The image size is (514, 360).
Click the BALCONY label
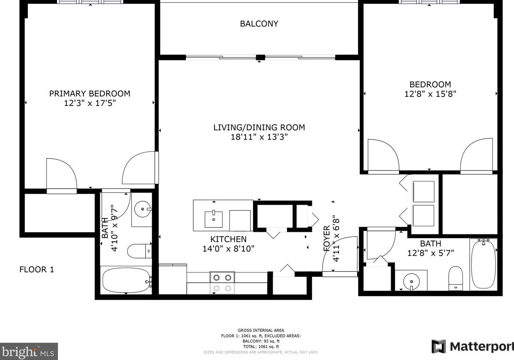[x=259, y=24]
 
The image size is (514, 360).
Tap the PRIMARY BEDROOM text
[x=90, y=94]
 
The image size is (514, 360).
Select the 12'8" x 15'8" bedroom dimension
[x=430, y=94]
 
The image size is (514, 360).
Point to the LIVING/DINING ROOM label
[x=259, y=127]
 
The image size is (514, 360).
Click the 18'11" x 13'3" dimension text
[x=259, y=137]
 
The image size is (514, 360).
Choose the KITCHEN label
[x=228, y=240]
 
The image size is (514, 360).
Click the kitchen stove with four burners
[x=222, y=283]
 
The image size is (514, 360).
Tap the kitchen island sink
[x=213, y=219]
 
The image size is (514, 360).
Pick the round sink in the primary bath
[x=141, y=210]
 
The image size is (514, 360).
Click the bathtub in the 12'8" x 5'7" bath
[x=484, y=263]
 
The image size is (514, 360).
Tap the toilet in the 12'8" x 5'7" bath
[x=455, y=278]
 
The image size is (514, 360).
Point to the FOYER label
[x=327, y=238]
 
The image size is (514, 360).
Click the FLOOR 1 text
[x=37, y=270]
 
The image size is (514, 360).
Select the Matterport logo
[x=472, y=346]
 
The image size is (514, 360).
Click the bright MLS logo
[x=29, y=352]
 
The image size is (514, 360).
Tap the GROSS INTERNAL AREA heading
[x=261, y=330]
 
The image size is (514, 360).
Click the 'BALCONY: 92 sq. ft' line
[x=261, y=341]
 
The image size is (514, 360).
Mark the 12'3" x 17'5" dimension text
[x=90, y=103]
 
